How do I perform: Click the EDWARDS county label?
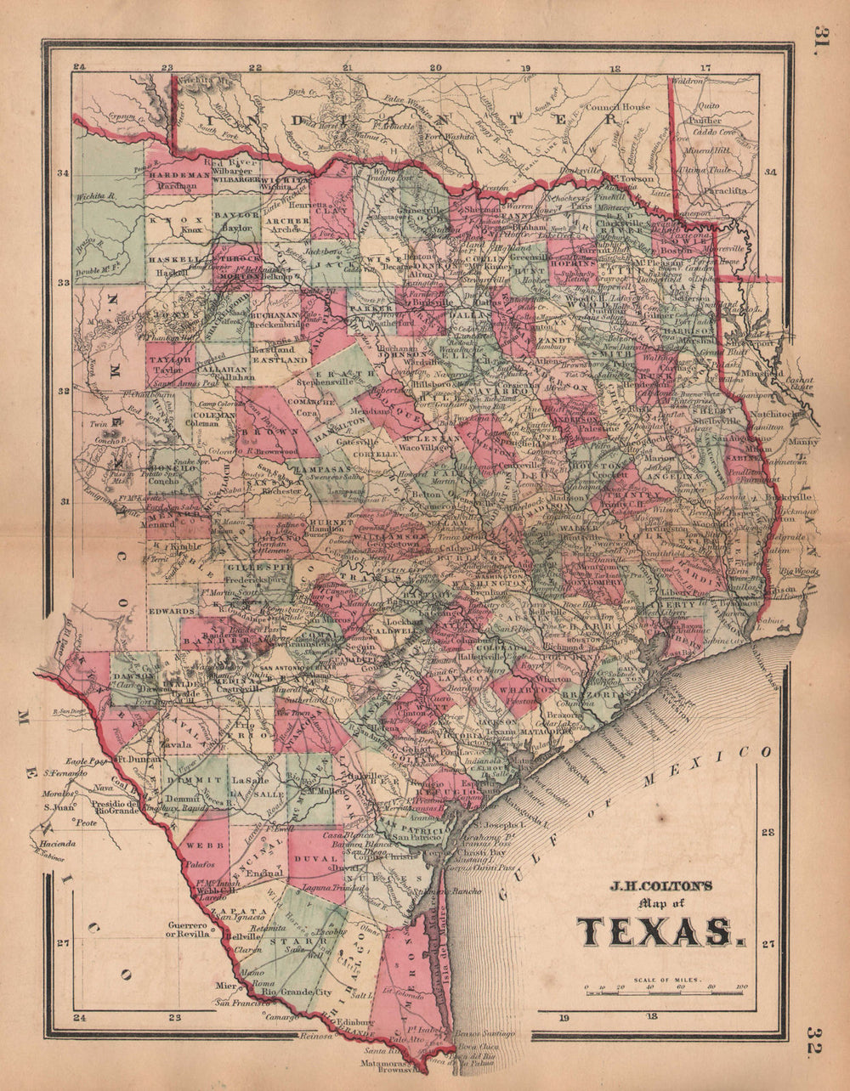173,611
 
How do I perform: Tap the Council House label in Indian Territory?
617,108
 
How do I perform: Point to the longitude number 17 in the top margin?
705,67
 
